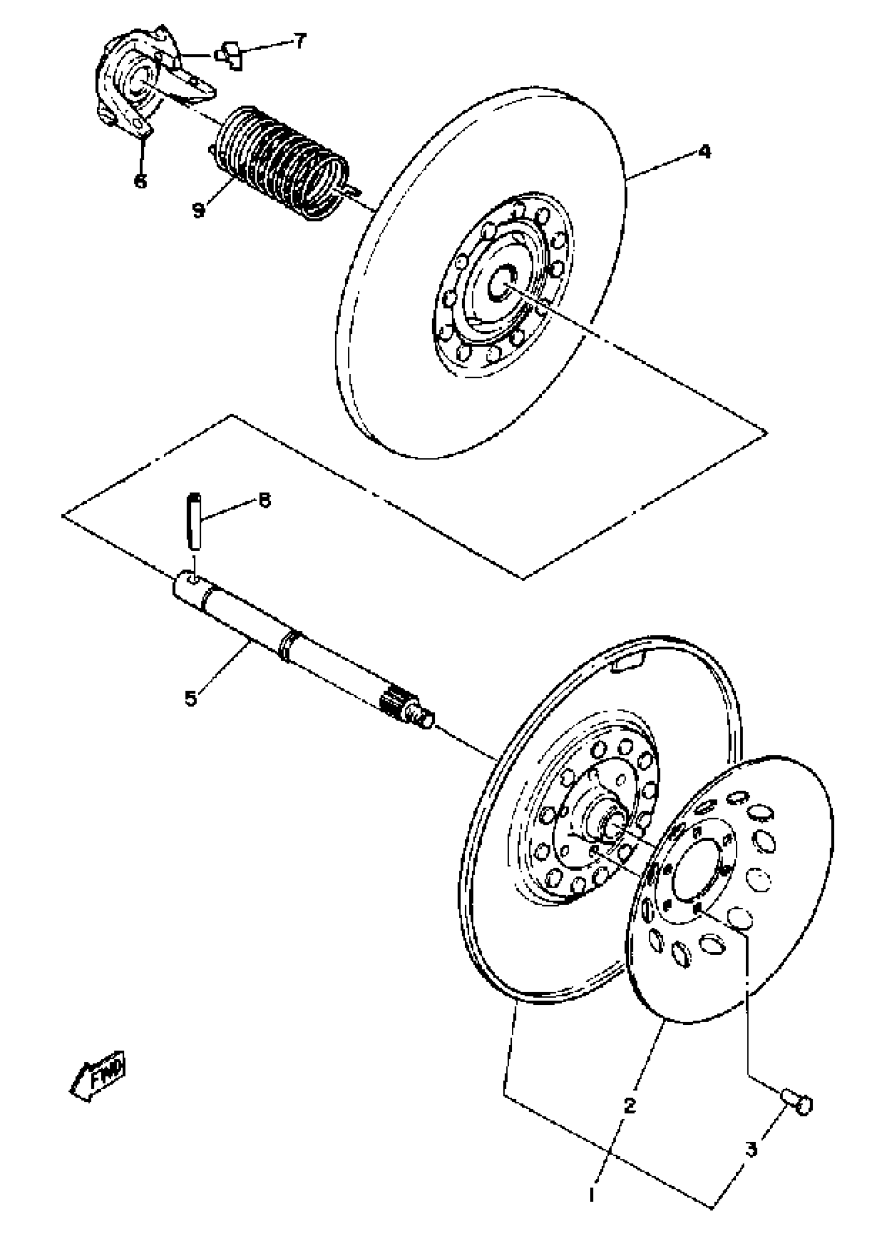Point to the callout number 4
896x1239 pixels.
pos(705,151)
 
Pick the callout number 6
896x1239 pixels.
pos(141,180)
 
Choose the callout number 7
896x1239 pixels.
pos(299,41)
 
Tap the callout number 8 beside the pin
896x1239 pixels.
pos(264,501)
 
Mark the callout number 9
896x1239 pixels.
pos(199,209)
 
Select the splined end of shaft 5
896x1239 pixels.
pos(401,704)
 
